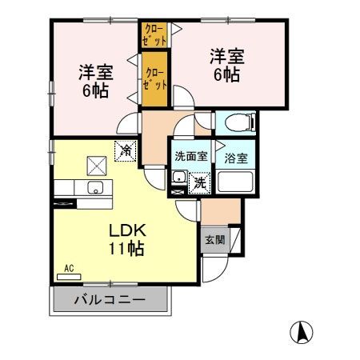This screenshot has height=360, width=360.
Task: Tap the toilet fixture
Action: pyautogui.click(x=238, y=122)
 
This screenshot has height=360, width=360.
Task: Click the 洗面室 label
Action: pyautogui.click(x=190, y=157)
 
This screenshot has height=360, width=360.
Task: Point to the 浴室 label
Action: pyautogui.click(x=235, y=157)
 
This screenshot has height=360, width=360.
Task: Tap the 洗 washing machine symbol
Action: pyautogui.click(x=200, y=183)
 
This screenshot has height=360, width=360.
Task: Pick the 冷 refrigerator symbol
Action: pyautogui.click(x=126, y=149)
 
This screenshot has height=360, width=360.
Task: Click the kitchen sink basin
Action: pyautogui.click(x=94, y=189)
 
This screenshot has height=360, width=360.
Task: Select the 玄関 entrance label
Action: pyautogui.click(x=213, y=240)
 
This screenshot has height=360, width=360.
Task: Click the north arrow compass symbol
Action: pyautogui.click(x=302, y=330)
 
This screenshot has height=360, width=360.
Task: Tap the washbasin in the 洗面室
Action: pyautogui.click(x=179, y=178)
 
